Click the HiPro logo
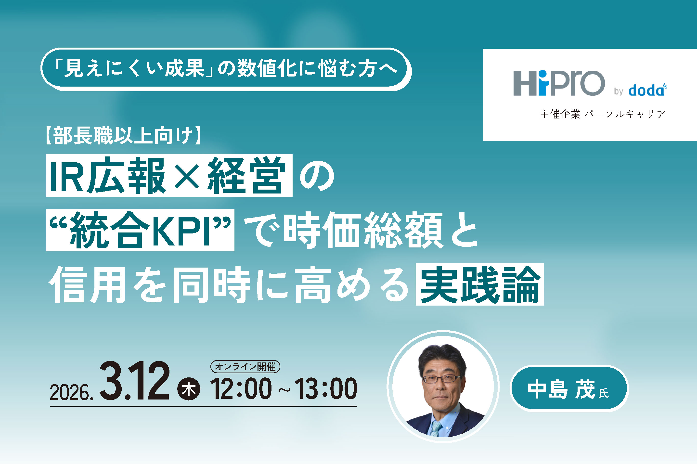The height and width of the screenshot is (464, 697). point(559,83)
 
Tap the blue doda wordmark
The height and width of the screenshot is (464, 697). point(647,90)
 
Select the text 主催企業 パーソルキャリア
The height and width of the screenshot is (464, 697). point(603,114)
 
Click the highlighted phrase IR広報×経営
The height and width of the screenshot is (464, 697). point(169,176)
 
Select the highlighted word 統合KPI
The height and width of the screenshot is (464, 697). point(140,230)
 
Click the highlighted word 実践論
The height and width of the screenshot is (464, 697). point(479,284)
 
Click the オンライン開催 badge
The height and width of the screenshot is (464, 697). point(245,367)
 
